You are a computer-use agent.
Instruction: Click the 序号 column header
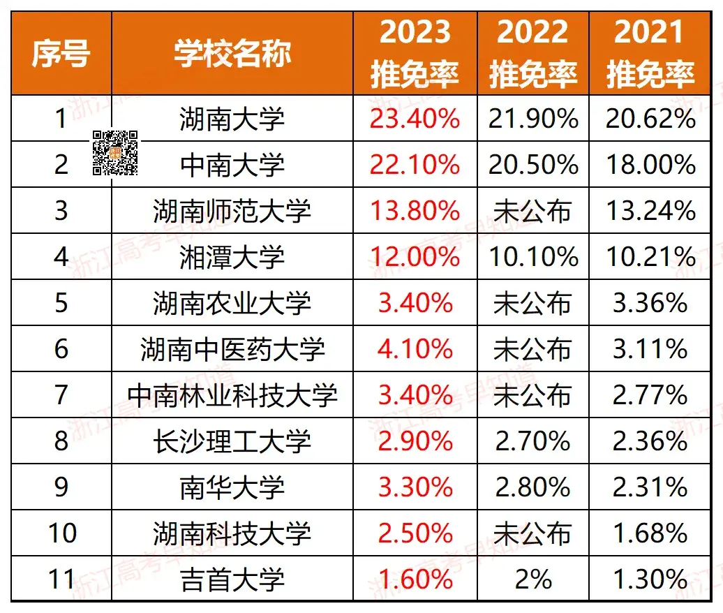click(61, 54)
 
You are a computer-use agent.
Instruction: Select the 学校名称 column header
click(232, 54)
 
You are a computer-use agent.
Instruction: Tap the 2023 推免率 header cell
click(415, 54)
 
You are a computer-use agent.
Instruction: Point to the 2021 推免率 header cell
click(650, 54)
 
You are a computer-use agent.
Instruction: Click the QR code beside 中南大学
click(115, 152)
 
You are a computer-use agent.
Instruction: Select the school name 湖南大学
click(232, 119)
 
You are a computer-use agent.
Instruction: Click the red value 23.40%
click(415, 119)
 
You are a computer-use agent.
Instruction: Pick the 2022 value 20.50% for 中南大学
click(533, 165)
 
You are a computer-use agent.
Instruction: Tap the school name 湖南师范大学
click(232, 211)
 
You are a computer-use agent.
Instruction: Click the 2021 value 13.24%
click(650, 211)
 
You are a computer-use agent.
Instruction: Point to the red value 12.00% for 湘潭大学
click(415, 257)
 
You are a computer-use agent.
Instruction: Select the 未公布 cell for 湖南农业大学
click(533, 303)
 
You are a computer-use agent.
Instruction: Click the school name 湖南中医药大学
click(232, 349)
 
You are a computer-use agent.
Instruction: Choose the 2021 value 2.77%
click(650, 395)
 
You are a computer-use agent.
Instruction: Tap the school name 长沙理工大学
click(232, 441)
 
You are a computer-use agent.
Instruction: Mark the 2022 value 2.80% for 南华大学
click(533, 487)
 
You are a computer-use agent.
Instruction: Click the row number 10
click(61, 533)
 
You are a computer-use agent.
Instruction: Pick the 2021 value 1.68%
click(650, 533)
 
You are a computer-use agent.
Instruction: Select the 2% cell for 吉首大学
click(533, 579)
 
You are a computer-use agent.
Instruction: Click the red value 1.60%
click(415, 579)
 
